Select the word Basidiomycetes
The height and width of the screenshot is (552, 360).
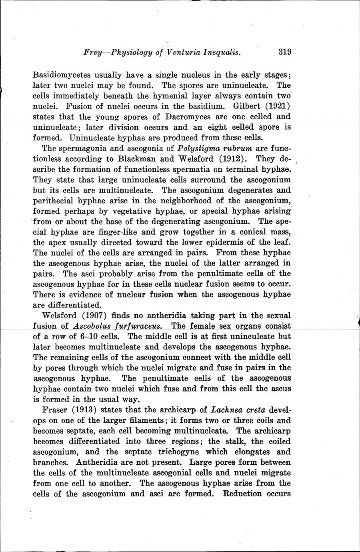(x=62, y=75)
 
